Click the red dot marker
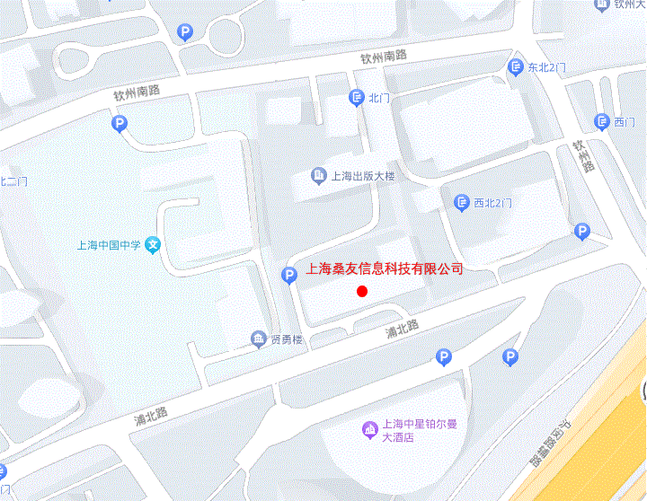[362, 291]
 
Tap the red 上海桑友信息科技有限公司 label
[385, 268]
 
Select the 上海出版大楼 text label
[363, 176]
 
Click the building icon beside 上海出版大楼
[318, 175]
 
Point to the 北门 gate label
[377, 97]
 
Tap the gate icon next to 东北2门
[516, 66]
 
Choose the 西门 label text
[625, 121]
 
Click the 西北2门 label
[492, 203]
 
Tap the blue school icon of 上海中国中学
[155, 244]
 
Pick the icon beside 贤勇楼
[258, 338]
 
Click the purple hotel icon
[368, 430]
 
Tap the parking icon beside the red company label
[289, 276]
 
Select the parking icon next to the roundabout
[185, 33]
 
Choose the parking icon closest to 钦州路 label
[582, 232]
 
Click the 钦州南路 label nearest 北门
[384, 57]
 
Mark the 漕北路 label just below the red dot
[402, 330]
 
